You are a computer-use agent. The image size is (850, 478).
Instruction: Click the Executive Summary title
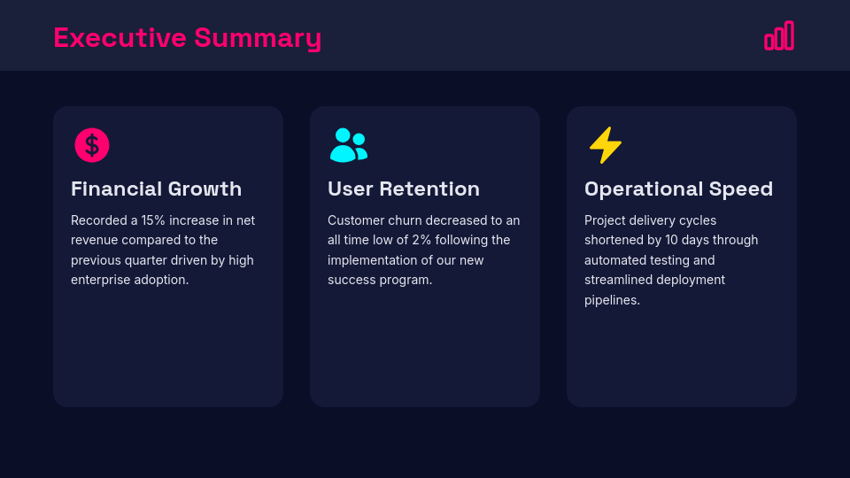click(187, 38)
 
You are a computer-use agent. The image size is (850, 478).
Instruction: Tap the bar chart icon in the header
click(779, 36)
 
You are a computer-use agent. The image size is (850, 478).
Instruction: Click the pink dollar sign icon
click(92, 145)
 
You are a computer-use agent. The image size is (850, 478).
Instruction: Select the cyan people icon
click(348, 145)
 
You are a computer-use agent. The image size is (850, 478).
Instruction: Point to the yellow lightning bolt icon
click(606, 145)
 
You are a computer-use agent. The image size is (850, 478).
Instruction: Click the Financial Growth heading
click(156, 189)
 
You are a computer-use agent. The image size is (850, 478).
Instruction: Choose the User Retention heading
click(404, 189)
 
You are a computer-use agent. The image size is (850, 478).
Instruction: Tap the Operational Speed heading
click(678, 189)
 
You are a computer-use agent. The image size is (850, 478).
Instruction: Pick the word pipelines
click(612, 300)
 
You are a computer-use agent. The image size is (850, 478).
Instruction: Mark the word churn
click(405, 220)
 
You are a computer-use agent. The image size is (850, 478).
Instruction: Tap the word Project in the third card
click(605, 220)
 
